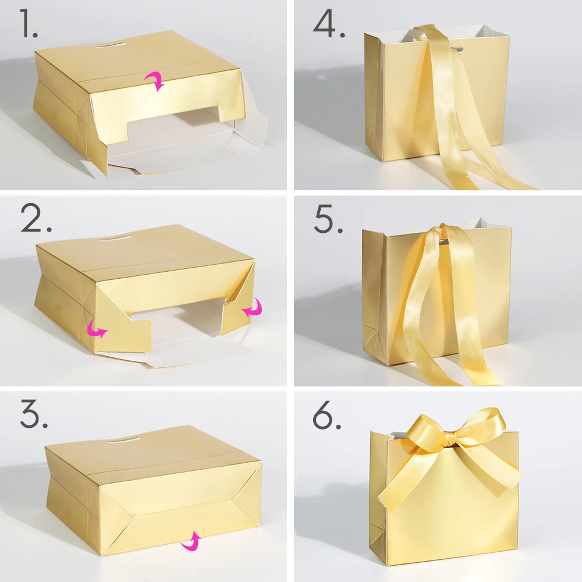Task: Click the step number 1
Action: [29, 23]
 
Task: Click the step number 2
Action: [36, 218]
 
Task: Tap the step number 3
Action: [34, 414]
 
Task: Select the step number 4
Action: [329, 23]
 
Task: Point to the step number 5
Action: [328, 219]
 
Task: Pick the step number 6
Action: [327, 415]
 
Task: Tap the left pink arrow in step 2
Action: [97, 329]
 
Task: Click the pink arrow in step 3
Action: [191, 541]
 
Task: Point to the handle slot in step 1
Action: [111, 45]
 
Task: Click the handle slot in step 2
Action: [115, 237]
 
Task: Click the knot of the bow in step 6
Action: [448, 439]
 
